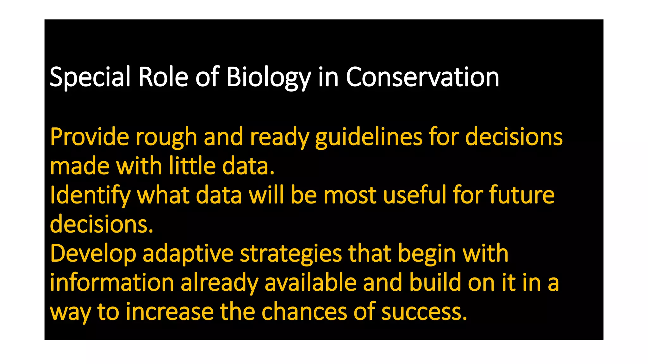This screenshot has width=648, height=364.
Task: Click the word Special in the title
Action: (x=90, y=77)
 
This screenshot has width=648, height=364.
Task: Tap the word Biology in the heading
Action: (x=269, y=77)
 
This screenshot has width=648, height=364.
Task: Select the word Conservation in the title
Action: (x=422, y=77)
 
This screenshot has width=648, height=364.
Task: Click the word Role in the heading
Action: (x=163, y=77)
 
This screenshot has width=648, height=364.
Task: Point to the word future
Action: (x=522, y=195)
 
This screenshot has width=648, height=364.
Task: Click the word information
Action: (x=112, y=282)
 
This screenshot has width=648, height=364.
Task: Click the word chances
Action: (x=304, y=312)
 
